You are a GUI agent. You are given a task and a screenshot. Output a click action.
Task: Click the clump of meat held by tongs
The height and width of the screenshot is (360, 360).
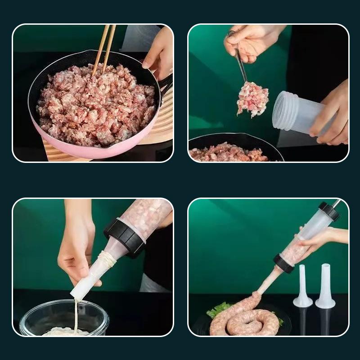click(x=252, y=99)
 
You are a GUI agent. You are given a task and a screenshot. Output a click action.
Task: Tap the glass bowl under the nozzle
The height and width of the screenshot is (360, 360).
click(x=63, y=317)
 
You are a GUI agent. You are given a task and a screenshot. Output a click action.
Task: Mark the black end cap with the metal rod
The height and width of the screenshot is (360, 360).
click(x=328, y=211)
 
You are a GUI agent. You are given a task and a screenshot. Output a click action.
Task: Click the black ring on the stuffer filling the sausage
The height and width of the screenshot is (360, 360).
click(x=283, y=263)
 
